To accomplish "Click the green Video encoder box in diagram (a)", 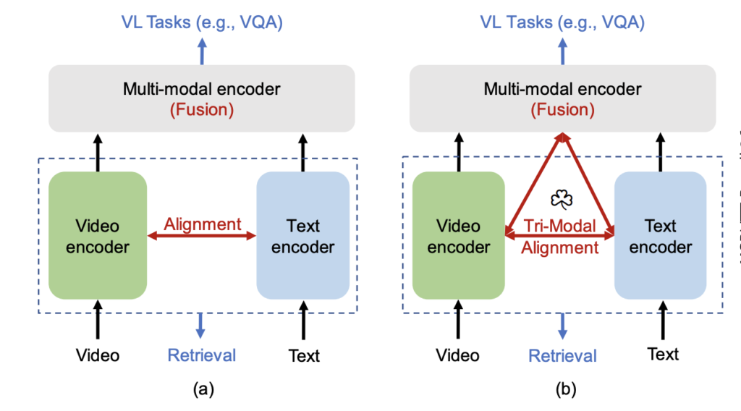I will point(98,236).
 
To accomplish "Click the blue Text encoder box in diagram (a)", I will point(303,236).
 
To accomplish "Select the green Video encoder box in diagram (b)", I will point(459,236).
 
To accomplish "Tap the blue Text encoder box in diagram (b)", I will point(660,236).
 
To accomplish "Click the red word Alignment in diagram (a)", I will point(203,224).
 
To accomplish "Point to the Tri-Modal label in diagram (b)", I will point(561,226).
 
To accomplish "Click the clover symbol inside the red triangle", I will point(561,200).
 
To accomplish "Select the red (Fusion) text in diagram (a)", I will point(202,110).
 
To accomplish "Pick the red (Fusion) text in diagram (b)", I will point(562,110).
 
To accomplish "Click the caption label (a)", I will point(203,390).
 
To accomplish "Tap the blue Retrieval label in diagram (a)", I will point(202,355).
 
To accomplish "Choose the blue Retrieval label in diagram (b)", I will point(562,355).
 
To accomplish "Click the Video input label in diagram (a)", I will point(98,355).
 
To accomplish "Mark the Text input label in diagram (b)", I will point(663,354).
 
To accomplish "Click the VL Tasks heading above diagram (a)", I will point(202,22).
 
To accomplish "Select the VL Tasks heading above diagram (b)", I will point(562,22).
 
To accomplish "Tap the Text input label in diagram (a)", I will point(304,355).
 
